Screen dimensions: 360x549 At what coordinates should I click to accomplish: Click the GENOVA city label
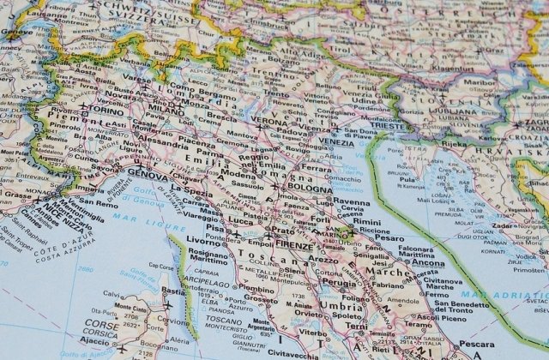click(148, 177)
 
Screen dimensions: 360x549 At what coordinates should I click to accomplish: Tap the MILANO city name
click(166, 111)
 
